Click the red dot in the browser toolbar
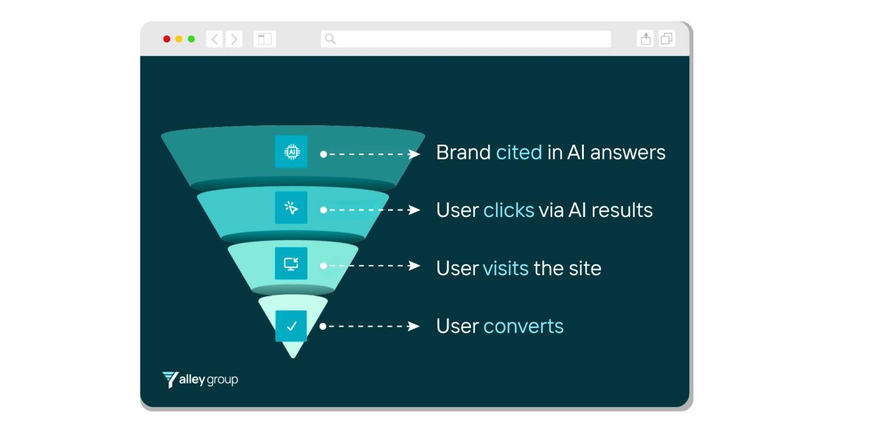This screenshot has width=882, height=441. (167, 39)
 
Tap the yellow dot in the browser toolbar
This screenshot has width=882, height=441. (179, 39)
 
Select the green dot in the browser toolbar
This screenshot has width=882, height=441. (191, 39)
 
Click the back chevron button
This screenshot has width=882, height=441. (215, 39)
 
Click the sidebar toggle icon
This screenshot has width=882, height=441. (265, 39)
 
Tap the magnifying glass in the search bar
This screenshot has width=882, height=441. (330, 39)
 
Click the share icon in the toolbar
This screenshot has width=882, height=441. (646, 39)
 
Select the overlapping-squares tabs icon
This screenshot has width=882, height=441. (667, 39)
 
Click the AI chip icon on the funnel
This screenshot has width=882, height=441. (291, 152)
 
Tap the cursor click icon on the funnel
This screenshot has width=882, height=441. (291, 208)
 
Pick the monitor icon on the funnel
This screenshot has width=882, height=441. (291, 263)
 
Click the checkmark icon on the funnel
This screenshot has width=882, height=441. (291, 326)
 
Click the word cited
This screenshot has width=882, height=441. (519, 152)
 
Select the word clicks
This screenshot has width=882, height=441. (509, 210)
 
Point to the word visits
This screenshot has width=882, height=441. (505, 268)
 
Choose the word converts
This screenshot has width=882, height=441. (523, 326)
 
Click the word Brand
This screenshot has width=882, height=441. (463, 152)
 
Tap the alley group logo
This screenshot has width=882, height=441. (200, 379)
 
